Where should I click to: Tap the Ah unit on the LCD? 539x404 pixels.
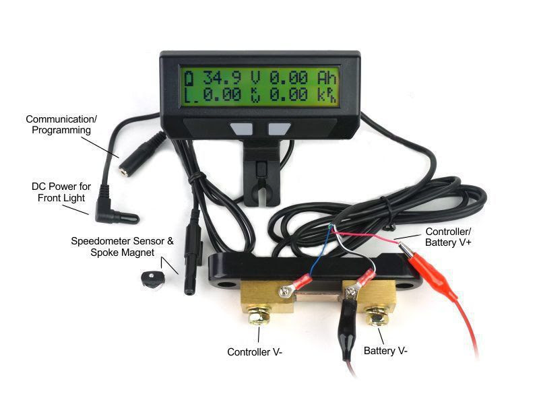[x=327, y=77]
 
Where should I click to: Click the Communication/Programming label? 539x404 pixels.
[x=61, y=125]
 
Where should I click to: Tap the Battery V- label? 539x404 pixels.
[x=385, y=351]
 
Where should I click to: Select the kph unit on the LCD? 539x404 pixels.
[x=327, y=95]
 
